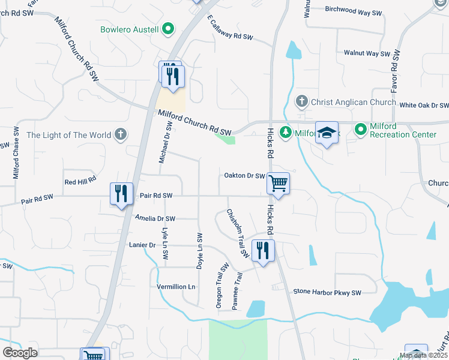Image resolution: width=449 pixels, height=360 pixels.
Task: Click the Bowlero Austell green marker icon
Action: tap(169, 29)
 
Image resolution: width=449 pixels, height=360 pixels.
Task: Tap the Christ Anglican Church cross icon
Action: tap(302, 102)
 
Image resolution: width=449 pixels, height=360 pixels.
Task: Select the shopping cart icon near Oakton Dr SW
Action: tap(279, 183)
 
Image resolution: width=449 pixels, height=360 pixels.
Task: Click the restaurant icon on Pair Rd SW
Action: tap(122, 193)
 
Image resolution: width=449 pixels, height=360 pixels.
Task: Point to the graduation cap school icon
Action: tap(327, 134)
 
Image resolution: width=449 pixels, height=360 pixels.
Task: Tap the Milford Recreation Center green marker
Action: tap(361, 129)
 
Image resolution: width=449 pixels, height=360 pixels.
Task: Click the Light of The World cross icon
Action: tap(121, 134)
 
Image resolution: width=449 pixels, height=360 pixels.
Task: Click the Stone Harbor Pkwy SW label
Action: tap(327, 292)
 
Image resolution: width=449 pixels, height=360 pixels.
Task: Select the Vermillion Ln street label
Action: tap(176, 287)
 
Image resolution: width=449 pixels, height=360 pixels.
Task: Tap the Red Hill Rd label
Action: tap(80, 181)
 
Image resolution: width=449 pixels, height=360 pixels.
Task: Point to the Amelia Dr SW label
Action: tap(155, 219)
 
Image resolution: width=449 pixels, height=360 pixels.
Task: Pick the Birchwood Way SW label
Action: tap(354, 11)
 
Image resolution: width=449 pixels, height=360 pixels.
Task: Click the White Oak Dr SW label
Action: tap(424, 105)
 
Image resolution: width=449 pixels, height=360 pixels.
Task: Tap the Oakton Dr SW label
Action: tap(244, 176)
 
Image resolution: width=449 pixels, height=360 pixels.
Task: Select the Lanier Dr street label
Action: tap(142, 245)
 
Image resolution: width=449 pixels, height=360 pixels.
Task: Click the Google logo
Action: tap(20, 353)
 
